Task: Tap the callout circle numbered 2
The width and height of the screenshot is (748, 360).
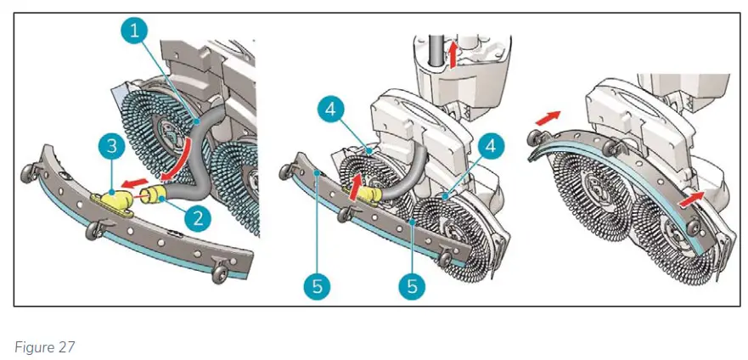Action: point(196,218)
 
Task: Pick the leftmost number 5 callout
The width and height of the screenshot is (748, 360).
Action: point(316,286)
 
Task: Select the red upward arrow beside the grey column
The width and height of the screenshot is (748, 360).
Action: point(453,55)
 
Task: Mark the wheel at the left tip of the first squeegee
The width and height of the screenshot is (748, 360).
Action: point(29,174)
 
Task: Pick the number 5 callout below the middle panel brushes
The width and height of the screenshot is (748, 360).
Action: point(412,286)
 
